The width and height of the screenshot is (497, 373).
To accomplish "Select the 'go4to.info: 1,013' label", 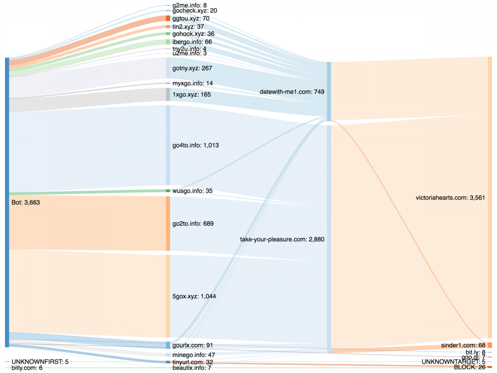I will pyautogui.click(x=195, y=145).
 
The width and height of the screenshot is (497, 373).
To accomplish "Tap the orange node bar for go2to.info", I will pyautogui.click(x=168, y=223).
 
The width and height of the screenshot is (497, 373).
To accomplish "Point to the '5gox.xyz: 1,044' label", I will pyautogui.click(x=194, y=296).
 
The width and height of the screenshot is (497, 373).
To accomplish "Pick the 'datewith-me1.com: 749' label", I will pyautogui.click(x=292, y=92).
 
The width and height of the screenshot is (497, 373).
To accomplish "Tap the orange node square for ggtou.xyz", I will pyautogui.click(x=168, y=18).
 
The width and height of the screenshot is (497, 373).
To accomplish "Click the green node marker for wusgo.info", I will pyautogui.click(x=168, y=190).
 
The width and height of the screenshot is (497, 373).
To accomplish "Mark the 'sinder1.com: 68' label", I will pyautogui.click(x=463, y=345).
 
